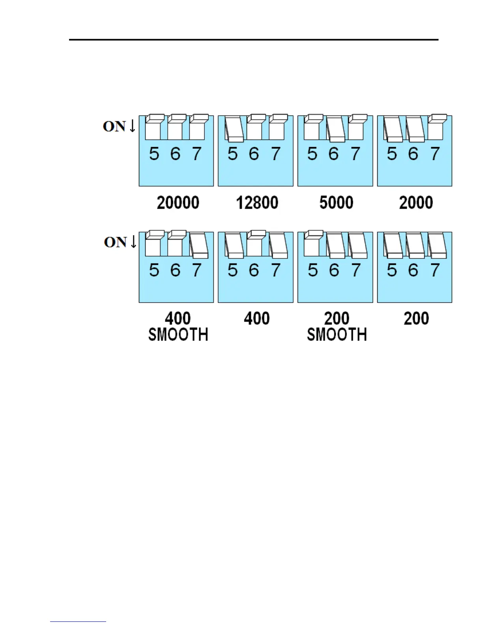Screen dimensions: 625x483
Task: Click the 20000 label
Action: [178, 203]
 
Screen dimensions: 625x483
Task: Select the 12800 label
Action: [257, 203]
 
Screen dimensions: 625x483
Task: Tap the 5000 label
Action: [336, 203]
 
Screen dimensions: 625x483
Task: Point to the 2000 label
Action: [416, 203]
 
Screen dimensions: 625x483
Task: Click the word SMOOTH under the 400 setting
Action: [178, 335]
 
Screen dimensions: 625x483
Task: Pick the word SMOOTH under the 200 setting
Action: [337, 335]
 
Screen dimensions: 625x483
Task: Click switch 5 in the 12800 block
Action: [234, 129]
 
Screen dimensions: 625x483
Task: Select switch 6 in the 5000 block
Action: [335, 129]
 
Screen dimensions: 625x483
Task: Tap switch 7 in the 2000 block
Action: [436, 127]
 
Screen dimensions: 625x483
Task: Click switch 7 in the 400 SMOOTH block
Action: [198, 245]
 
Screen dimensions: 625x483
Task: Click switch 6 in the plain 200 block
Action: [415, 246]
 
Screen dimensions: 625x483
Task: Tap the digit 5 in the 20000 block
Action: [154, 154]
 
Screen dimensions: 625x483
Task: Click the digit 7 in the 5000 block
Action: [356, 154]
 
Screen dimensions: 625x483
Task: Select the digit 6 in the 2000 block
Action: [413, 154]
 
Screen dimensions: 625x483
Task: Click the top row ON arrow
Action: [133, 126]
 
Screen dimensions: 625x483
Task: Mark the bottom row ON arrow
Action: [133, 241]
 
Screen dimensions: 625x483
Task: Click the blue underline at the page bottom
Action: [78, 622]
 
